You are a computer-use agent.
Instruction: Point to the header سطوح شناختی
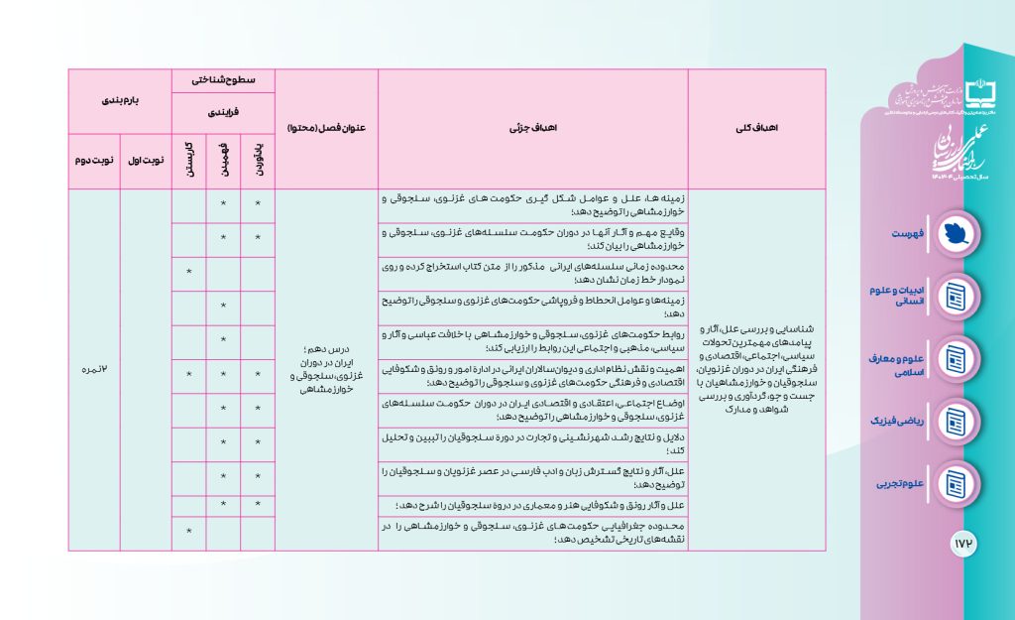(223, 80)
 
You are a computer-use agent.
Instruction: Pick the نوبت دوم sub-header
(94, 160)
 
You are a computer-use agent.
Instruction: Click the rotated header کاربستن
(188, 160)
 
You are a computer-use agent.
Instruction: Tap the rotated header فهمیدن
(223, 160)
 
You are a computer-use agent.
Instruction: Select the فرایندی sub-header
(223, 113)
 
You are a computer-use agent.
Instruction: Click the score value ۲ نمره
(94, 369)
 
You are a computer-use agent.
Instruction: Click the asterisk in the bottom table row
(188, 534)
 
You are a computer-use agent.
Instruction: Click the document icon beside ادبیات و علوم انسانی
(957, 296)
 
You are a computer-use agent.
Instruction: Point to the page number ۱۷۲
(964, 544)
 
